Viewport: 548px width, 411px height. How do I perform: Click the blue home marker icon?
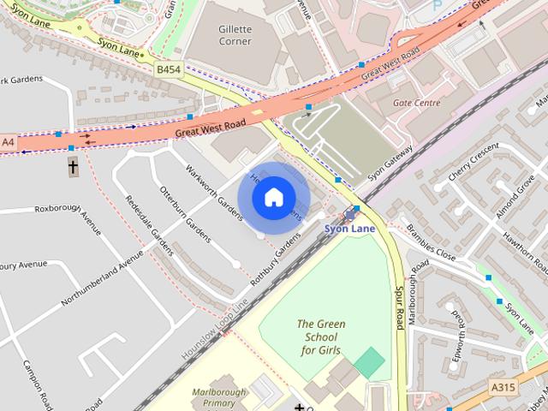pyautogui.click(x=272, y=197)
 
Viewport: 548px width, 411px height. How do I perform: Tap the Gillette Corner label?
pyautogui.click(x=235, y=34)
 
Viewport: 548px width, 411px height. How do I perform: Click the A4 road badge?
pyautogui.click(x=9, y=141)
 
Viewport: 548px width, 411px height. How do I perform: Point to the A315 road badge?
pyautogui.click(x=503, y=387)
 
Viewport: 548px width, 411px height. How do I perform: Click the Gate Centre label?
pyautogui.click(x=416, y=103)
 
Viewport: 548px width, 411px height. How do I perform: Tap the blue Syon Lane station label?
pyautogui.click(x=349, y=229)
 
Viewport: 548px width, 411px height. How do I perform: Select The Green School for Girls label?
pyautogui.click(x=319, y=337)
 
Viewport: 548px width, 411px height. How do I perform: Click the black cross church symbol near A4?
pyautogui.click(x=73, y=166)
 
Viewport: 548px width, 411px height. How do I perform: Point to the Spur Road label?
pyautogui.click(x=399, y=308)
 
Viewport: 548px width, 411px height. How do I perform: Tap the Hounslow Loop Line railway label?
pyautogui.click(x=214, y=330)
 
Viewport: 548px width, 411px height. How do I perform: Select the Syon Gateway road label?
pyautogui.click(x=390, y=161)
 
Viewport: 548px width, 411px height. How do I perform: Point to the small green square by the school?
pyautogui.click(x=369, y=363)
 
